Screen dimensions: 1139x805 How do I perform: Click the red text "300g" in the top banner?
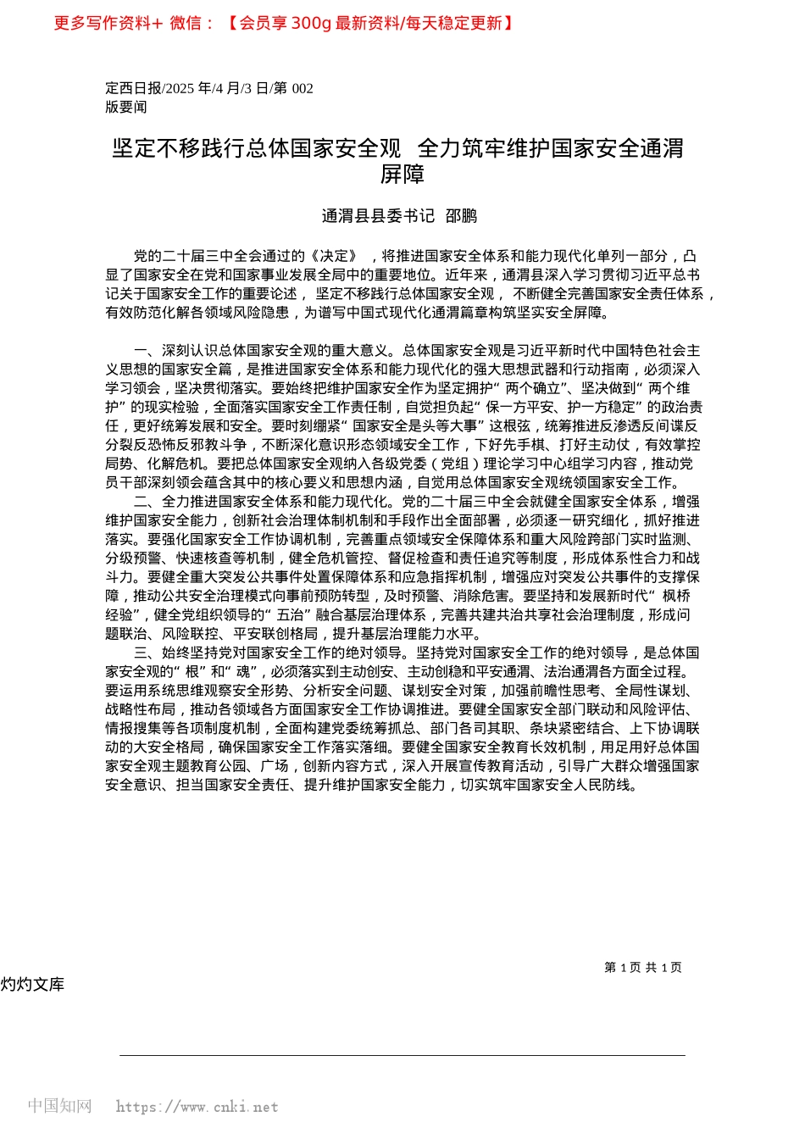click(x=311, y=23)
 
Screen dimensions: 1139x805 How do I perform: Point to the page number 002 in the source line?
click(x=303, y=88)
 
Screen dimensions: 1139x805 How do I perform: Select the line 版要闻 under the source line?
click(x=126, y=107)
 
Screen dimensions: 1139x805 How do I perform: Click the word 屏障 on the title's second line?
click(x=402, y=175)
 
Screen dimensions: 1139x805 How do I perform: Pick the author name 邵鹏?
click(x=462, y=216)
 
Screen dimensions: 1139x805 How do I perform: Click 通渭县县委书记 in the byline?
click(x=378, y=216)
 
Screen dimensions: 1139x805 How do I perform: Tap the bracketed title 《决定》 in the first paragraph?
click(x=334, y=256)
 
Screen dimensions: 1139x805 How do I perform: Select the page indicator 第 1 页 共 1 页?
click(x=643, y=968)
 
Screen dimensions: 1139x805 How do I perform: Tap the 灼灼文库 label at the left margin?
click(x=32, y=985)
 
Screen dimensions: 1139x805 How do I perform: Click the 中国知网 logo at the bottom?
click(x=59, y=1106)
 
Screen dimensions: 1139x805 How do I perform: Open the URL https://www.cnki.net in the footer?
click(x=197, y=1107)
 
